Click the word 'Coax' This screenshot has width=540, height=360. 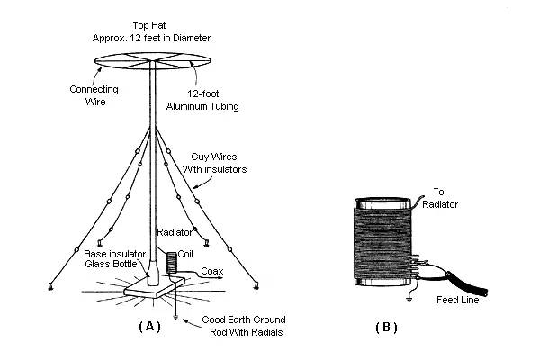pyautogui.click(x=212, y=270)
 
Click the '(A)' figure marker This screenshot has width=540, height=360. pyautogui.click(x=149, y=327)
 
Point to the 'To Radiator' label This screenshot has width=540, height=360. pyautogui.click(x=445, y=198)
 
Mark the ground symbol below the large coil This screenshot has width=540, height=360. pyautogui.click(x=410, y=293)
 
